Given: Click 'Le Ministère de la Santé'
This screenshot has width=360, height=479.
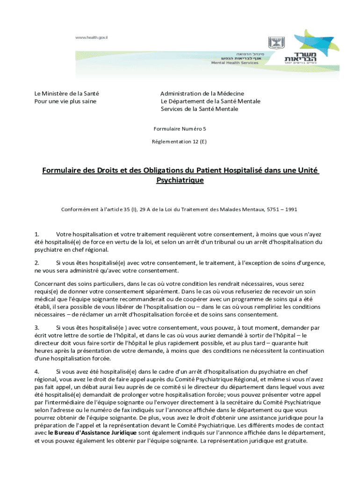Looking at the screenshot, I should tap(66, 94).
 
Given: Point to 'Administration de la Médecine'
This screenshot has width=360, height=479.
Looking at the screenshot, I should tap(202, 94).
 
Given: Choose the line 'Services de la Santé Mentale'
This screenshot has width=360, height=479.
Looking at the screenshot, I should tap(199, 109).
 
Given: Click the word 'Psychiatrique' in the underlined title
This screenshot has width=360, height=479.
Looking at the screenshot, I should tap(180, 180).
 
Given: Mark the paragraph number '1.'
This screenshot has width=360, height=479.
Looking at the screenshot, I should tap(37, 234).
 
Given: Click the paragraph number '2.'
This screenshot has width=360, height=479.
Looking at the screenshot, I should tap(37, 263).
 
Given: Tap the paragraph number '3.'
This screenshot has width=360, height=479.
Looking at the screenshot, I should tap(37, 328).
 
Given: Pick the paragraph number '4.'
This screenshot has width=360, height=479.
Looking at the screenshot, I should tap(37, 371).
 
